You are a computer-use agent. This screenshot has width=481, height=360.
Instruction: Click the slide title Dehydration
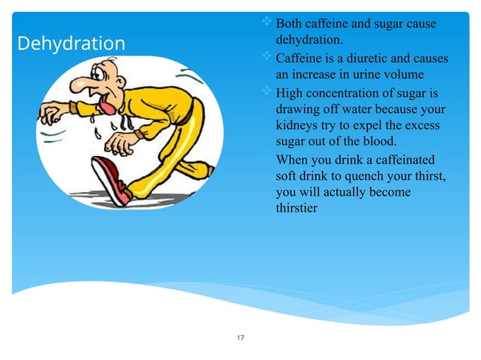(71, 44)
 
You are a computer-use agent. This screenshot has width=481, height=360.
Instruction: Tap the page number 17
(240, 337)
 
